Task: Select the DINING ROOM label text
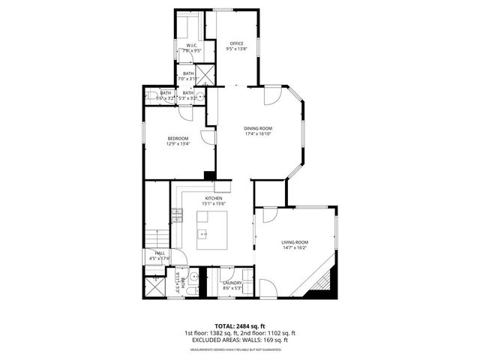tap(257, 127)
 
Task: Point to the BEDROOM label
tap(178, 138)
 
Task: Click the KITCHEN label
tap(214, 198)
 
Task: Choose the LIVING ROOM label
tap(295, 242)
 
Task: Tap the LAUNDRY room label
tap(232, 283)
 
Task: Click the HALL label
tap(160, 253)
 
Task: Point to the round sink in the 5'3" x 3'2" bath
tap(202, 96)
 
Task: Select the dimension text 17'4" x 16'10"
tap(257, 133)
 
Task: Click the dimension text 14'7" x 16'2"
tap(295, 248)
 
